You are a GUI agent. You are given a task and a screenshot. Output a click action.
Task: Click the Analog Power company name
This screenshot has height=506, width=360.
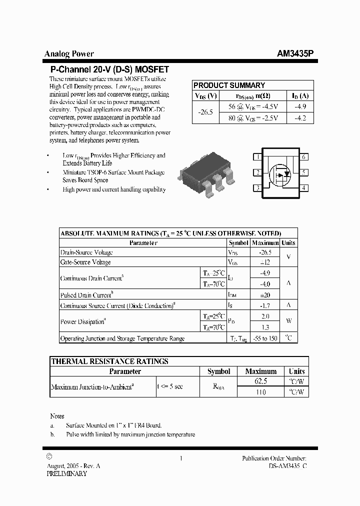pos(69,54)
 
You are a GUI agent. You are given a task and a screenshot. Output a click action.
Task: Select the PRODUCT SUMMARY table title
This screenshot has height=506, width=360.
pos(229,85)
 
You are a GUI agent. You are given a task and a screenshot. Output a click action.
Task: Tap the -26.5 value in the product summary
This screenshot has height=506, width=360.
pos(205,113)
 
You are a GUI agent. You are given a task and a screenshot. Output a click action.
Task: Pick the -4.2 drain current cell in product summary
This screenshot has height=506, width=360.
pos(300,118)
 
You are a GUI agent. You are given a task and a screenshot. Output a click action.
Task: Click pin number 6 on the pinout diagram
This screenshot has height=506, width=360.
pos(303,157)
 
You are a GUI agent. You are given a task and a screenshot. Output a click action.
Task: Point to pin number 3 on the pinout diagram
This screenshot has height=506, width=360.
pos(257,188)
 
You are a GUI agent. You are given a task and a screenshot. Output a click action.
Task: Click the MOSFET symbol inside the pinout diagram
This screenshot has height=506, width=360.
pos(280,173)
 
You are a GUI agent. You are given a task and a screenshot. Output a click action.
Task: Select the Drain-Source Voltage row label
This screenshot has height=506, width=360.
pos(86,252)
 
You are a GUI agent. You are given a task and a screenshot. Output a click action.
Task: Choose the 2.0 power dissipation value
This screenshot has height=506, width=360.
pos(265,316)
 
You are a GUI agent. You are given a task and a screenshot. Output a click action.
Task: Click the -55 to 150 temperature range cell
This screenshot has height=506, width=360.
pos(265,338)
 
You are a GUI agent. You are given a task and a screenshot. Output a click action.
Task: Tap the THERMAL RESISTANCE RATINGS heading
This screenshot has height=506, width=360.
pos(109,361)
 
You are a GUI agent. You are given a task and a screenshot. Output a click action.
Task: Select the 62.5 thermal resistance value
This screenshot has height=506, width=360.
pos(260,381)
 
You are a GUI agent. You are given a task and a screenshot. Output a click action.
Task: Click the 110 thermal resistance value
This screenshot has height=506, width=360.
pos(260,392)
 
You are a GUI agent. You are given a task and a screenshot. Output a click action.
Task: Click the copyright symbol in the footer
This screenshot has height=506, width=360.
pos(48,456)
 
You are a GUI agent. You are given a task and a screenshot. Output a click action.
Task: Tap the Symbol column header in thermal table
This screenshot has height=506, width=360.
pos(218,371)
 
